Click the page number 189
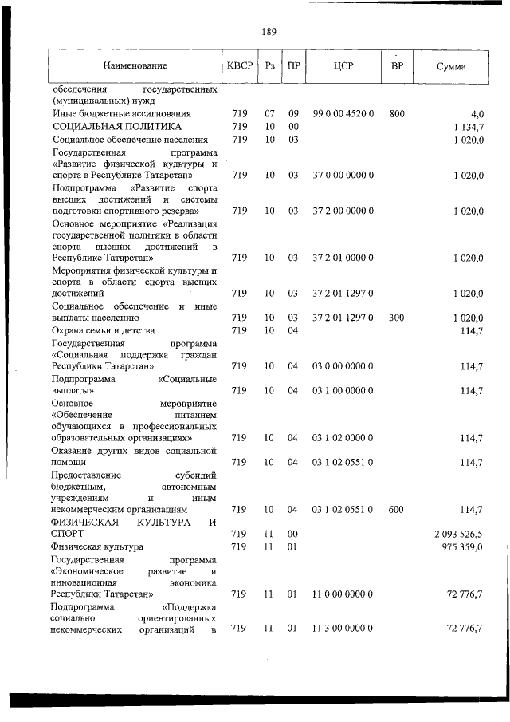click(269, 32)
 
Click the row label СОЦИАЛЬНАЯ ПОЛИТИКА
click(117, 127)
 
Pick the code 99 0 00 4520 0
click(343, 114)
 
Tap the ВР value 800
click(397, 114)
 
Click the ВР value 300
click(397, 318)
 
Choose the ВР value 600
click(396, 509)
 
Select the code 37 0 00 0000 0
click(343, 174)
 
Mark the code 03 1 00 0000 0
click(343, 390)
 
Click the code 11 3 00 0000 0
click(343, 629)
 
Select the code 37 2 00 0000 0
click(343, 211)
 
